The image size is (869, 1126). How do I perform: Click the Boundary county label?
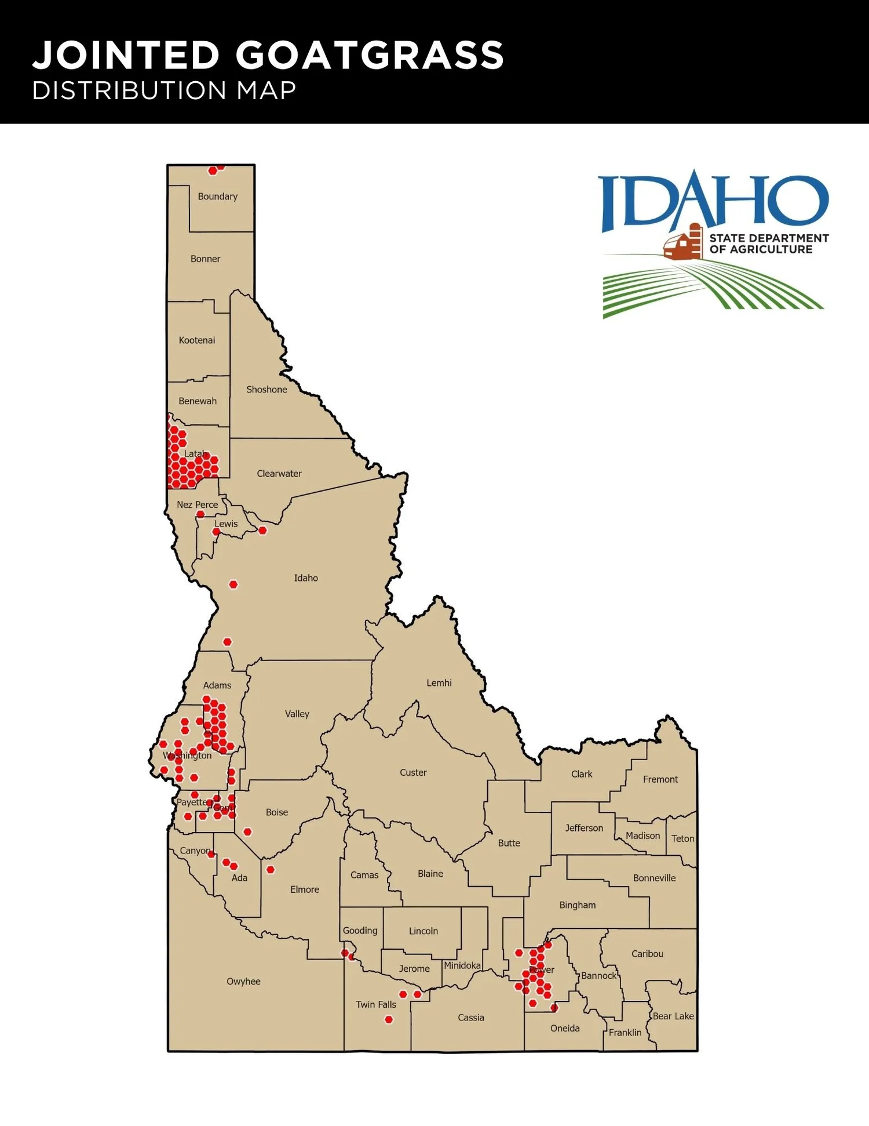[217, 197]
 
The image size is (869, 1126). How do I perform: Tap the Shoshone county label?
[266, 390]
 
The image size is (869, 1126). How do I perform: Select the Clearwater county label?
[279, 474]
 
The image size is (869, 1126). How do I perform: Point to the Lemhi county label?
[439, 683]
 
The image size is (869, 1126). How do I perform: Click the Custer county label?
[413, 773]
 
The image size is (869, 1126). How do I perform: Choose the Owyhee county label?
[243, 982]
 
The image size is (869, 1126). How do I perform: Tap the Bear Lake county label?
[673, 1016]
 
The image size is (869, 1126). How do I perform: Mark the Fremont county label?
[660, 780]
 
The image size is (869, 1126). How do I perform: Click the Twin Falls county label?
[376, 1005]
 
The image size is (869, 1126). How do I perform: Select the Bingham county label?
[577, 905]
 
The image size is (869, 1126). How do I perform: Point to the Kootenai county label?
[197, 340]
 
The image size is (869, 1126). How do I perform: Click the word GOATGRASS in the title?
[369, 56]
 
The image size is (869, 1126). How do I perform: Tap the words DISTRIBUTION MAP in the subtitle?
[164, 91]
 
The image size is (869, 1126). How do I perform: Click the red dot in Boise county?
[247, 832]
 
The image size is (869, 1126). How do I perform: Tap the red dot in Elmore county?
[271, 870]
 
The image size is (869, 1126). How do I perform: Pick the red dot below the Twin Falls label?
[389, 1020]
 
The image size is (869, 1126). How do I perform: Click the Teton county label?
[682, 839]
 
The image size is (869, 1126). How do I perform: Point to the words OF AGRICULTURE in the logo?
[761, 250]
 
